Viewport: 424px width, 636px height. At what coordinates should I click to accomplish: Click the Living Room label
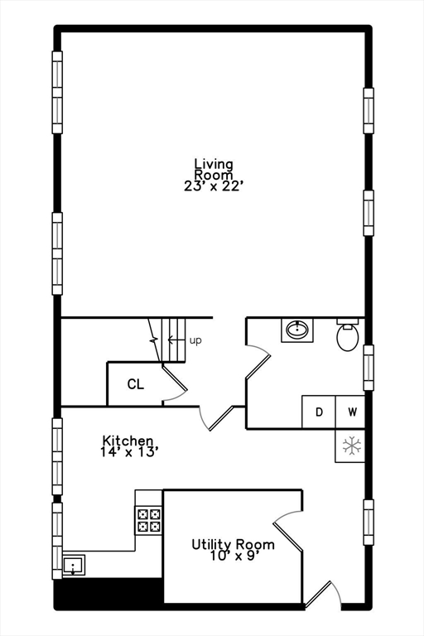(214, 169)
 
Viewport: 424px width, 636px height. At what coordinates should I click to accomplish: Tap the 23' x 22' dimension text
(214, 186)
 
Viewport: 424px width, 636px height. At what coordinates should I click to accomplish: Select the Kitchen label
(128, 441)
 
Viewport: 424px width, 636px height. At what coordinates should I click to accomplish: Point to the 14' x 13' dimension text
(129, 452)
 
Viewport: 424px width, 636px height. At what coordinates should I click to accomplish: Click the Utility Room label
(234, 544)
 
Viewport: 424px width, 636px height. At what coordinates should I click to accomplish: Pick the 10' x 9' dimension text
(234, 556)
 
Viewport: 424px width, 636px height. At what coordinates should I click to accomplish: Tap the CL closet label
(135, 384)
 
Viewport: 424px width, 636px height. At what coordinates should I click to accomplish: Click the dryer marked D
(318, 412)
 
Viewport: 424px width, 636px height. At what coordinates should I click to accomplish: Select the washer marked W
(351, 412)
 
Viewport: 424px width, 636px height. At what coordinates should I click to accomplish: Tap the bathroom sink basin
(296, 330)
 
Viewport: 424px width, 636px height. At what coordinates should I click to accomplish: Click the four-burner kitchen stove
(149, 519)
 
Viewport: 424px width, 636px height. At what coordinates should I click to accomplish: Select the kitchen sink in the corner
(75, 567)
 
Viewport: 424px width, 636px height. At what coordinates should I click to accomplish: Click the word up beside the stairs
(195, 340)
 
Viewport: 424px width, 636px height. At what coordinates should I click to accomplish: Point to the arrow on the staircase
(175, 340)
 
